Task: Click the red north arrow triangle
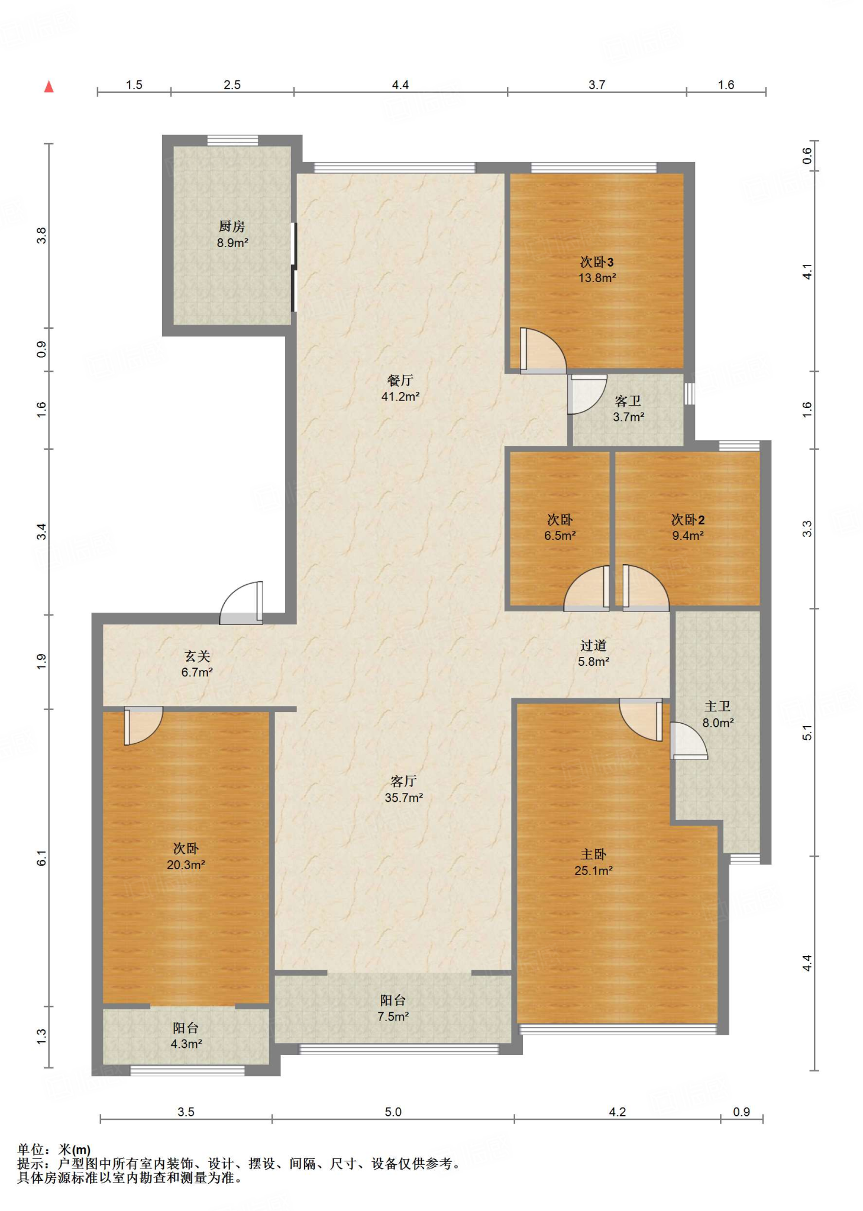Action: tap(49, 87)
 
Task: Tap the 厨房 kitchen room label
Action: tap(232, 226)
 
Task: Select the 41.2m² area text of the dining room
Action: tap(400, 397)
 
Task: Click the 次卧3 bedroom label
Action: tap(597, 262)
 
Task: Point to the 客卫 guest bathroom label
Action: tap(628, 401)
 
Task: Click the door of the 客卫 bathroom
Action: tap(586, 393)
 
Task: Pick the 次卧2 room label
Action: tap(688, 520)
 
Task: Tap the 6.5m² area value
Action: tap(560, 536)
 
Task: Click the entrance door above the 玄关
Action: tap(241, 603)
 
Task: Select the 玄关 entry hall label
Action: tap(197, 656)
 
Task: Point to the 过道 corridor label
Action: tap(593, 646)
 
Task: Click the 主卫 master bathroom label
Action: tap(717, 707)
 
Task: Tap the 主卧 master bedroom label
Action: tap(593, 854)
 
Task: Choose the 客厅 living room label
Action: tap(404, 782)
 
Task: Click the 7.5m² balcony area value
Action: tap(393, 1016)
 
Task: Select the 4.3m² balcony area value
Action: tap(186, 1044)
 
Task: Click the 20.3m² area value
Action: tap(186, 865)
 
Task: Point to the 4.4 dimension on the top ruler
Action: tap(400, 85)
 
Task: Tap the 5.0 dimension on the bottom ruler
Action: tap(393, 1112)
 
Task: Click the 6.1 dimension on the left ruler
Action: tap(41, 858)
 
